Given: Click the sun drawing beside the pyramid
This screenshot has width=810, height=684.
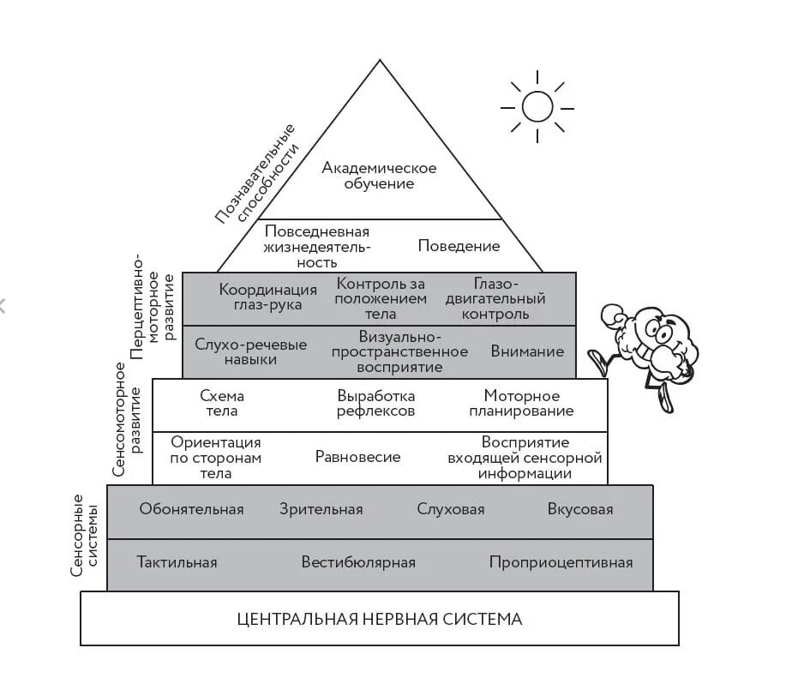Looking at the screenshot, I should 537,106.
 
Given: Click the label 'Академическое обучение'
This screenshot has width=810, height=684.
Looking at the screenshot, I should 379,176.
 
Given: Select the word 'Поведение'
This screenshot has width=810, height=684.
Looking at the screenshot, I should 459,246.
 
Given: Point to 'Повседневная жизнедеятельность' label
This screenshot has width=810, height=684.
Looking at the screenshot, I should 317,246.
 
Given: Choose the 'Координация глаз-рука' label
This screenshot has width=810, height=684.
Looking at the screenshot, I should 267,298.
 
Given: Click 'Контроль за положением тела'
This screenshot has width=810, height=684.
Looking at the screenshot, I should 381,298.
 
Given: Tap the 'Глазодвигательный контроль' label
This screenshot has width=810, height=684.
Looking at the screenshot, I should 495,298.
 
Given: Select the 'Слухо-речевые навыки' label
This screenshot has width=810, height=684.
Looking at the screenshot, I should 250,352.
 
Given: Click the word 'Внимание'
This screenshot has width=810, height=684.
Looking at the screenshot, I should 527,351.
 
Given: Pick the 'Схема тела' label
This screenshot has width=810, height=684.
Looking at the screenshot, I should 222,403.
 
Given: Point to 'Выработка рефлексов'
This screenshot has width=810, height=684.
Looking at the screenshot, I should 376,403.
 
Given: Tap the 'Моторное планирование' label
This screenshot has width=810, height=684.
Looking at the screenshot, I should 522,403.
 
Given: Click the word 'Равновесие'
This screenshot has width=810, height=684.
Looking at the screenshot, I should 357,457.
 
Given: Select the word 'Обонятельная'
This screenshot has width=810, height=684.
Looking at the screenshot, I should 191,509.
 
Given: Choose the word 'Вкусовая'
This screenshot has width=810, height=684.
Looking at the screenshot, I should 580,509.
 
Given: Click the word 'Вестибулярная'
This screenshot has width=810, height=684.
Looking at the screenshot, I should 358,562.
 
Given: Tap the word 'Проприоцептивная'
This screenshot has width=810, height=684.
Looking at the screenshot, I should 561,562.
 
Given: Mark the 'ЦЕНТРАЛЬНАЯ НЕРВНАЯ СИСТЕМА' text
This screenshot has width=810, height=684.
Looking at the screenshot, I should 379,619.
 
